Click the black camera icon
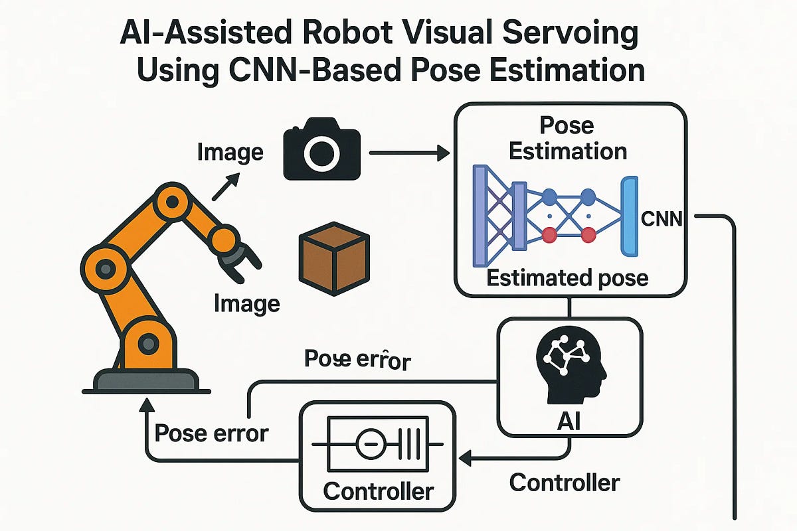coord(321,153)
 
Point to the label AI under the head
coord(570,423)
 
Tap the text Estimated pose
coord(567,277)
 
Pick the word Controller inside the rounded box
coord(378,492)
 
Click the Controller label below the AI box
coord(565,483)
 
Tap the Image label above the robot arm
coord(230,153)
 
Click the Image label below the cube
coord(247,304)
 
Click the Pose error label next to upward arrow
coord(211,433)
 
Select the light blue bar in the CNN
coord(628,216)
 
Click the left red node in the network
coord(549,234)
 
